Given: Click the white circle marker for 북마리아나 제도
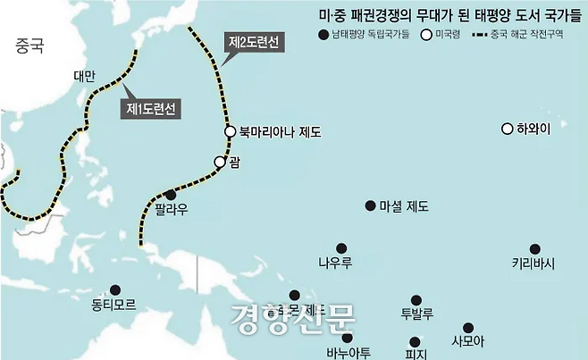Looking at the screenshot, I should coord(230,131).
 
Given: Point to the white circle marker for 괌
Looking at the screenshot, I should coord(219,162).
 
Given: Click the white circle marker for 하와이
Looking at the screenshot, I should coord(507,129).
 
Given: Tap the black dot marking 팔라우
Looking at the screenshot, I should coord(171,195).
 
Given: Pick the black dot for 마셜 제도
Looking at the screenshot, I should coord(370,205).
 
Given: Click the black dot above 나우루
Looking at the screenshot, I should coord(340,248).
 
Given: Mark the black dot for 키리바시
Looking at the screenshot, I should coord(534,248).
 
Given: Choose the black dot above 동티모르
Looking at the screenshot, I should coord(114,289).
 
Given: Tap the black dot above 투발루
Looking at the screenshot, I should coord(416,300).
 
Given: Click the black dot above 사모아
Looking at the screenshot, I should coord(467,328).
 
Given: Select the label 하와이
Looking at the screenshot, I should coord(534,130).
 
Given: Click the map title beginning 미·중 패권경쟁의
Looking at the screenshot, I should coord(445,14).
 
